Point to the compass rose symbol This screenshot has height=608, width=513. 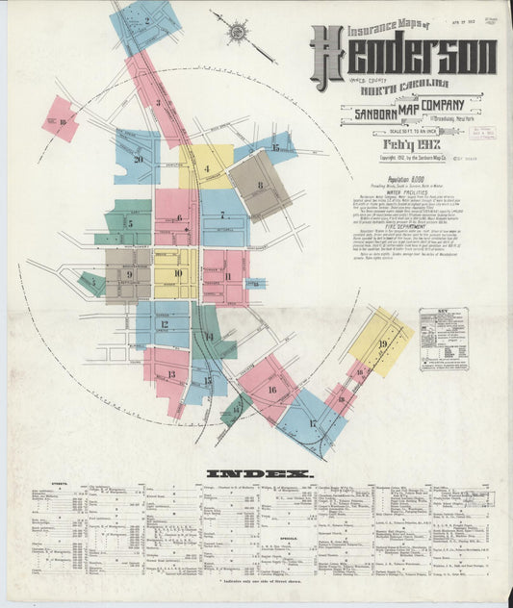[x=237, y=33]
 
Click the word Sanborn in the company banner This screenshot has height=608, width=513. [x=367, y=112]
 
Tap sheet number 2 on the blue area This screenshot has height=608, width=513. [x=147, y=20]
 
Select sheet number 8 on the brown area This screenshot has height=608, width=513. [x=259, y=184]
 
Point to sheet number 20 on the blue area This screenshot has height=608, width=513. [x=139, y=160]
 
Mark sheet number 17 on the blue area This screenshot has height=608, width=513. [x=313, y=422]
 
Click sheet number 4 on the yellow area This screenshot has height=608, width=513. [x=207, y=169]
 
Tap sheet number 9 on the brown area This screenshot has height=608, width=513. [x=127, y=274]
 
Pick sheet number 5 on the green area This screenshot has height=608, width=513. [x=129, y=223]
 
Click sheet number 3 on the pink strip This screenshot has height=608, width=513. [x=158, y=101]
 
